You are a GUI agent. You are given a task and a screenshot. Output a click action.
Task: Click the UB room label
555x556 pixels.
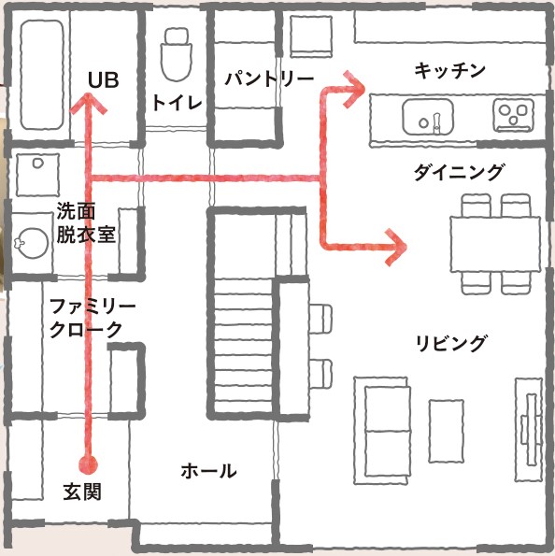(103, 80)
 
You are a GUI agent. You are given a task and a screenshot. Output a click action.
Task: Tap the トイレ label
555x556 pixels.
(177, 103)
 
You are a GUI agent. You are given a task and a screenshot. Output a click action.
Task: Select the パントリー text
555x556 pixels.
(269, 78)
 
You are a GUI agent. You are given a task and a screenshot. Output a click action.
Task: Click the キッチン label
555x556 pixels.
(449, 70)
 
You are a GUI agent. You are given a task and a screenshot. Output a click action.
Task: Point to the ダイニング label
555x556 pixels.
(459, 172)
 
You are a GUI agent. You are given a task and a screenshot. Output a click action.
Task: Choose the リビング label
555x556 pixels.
(450, 343)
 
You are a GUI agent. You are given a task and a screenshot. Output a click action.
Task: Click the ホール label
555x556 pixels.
(209, 471)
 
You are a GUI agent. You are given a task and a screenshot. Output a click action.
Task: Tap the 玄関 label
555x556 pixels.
(82, 492)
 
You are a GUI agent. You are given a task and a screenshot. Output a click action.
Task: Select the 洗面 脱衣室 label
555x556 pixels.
(86, 222)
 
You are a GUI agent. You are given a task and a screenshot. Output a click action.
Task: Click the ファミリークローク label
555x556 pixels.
(92, 318)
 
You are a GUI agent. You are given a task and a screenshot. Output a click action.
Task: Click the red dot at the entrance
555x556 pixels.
(88, 464)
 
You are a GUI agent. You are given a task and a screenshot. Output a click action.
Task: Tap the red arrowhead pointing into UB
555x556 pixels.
(89, 103)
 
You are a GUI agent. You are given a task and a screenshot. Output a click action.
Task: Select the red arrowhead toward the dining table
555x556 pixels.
(396, 247)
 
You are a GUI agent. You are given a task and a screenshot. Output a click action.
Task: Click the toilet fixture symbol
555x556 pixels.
(177, 54)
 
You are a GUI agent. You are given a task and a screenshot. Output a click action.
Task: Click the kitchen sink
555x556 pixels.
(428, 117)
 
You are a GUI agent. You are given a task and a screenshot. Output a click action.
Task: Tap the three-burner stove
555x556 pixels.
(513, 115)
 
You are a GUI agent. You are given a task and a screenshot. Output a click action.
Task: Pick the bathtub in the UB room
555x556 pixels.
(42, 75)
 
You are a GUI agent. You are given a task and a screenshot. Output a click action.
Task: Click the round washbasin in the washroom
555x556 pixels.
(33, 243)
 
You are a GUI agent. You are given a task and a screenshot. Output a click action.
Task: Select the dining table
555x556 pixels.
(495, 245)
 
